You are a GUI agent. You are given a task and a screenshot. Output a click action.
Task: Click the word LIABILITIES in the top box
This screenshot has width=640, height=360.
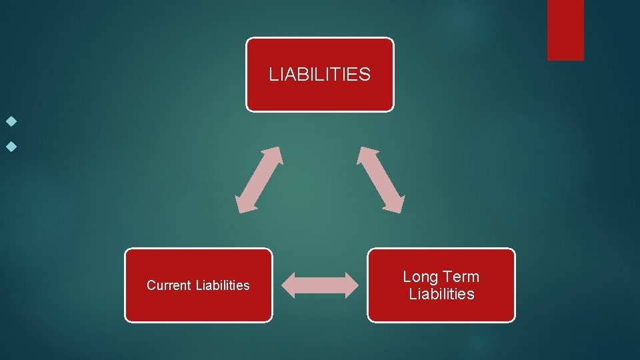pyautogui.click(x=319, y=74)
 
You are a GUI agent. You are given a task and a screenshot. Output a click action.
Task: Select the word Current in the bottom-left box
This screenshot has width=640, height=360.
pyautogui.click(x=169, y=286)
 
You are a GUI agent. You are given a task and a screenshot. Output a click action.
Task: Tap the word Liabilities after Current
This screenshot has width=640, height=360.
pyautogui.click(x=223, y=286)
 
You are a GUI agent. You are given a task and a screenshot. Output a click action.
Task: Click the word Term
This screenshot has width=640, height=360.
pyautogui.click(x=462, y=277)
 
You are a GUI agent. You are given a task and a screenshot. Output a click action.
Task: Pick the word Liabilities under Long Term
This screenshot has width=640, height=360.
pyautogui.click(x=441, y=294)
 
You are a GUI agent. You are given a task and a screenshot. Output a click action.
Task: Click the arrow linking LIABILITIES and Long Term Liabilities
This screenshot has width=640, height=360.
pyautogui.click(x=381, y=179)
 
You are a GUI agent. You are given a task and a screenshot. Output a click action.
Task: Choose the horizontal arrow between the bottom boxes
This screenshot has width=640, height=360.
pyautogui.click(x=319, y=285)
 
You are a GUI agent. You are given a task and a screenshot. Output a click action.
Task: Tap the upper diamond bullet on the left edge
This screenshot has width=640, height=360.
pyautogui.click(x=9, y=123)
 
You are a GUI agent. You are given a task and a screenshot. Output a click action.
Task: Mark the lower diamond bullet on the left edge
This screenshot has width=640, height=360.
pyautogui.click(x=9, y=144)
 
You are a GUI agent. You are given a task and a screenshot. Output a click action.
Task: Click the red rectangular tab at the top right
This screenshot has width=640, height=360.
pyautogui.click(x=565, y=30)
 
